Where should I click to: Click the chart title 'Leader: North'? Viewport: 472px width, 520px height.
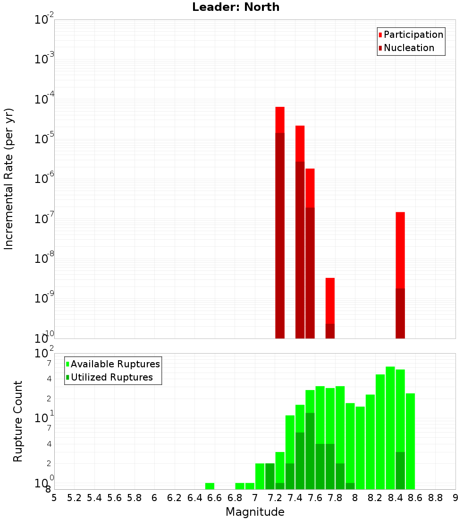(236, 7)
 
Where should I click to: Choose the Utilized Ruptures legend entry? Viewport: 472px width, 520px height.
(111, 377)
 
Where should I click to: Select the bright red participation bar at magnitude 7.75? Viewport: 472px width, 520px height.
(330, 300)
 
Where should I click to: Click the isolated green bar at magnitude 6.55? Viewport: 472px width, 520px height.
(210, 486)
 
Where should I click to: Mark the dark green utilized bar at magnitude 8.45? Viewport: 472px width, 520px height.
(400, 470)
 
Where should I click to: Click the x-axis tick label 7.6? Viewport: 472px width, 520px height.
(315, 498)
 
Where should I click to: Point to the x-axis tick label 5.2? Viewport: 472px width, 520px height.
(74, 498)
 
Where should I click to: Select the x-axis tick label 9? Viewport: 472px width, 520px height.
(455, 498)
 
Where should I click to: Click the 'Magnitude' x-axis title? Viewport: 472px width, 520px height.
(255, 512)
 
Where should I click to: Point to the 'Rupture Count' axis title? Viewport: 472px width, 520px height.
(18, 421)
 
